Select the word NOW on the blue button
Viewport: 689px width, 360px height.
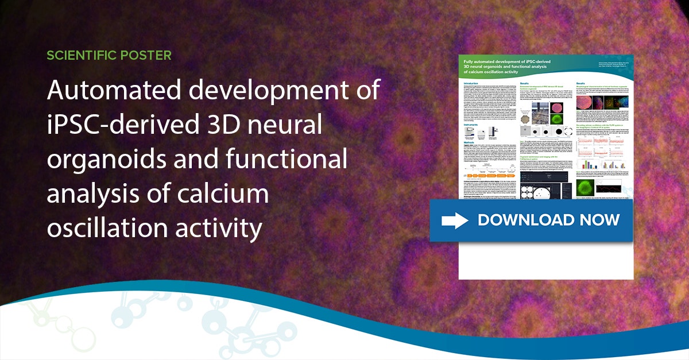coord(601,220)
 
